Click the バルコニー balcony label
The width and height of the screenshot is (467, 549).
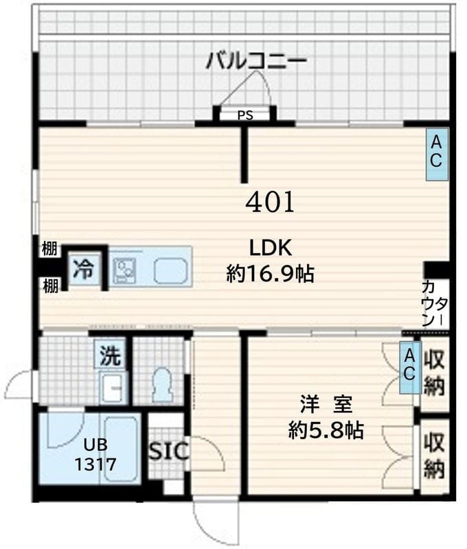(x=256, y=62)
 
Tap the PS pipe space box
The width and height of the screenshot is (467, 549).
(x=245, y=115)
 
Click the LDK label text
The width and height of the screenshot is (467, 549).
(x=271, y=248)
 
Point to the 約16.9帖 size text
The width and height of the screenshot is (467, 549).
(x=270, y=274)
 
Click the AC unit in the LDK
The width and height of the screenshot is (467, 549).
(x=436, y=154)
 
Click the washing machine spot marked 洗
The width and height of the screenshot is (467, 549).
(x=111, y=355)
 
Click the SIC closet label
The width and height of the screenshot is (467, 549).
(x=168, y=451)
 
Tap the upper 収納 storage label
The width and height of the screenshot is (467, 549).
(x=435, y=373)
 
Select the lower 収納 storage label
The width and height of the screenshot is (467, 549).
(x=435, y=455)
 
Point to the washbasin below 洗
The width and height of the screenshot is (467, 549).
(x=111, y=388)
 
